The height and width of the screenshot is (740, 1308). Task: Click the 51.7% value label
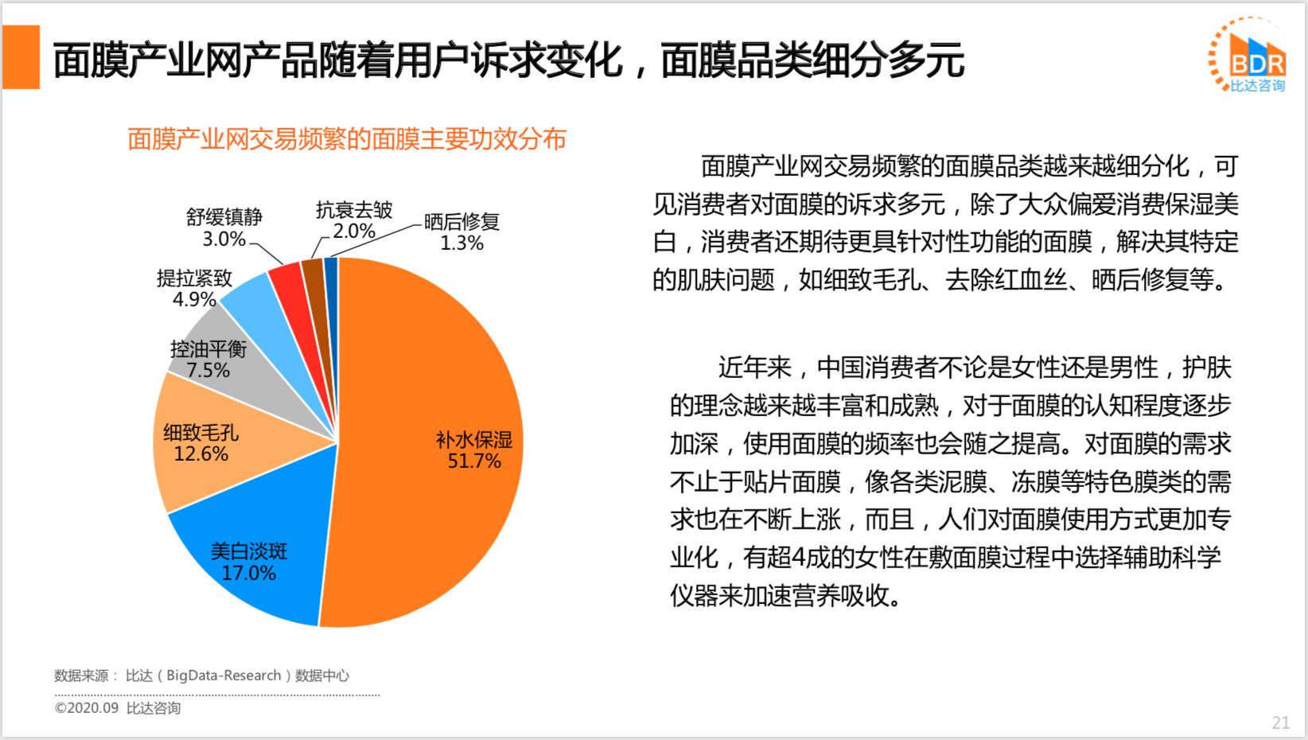[x=474, y=462]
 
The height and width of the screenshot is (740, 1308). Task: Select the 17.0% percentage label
[x=248, y=573]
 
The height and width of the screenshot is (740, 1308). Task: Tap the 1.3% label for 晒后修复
[x=461, y=243]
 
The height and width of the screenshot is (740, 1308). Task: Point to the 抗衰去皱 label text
[x=354, y=210]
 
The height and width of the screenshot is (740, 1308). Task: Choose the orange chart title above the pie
[x=347, y=139]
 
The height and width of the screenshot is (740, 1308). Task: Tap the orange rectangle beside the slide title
[x=21, y=57]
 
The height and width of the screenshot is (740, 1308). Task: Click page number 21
[x=1280, y=722]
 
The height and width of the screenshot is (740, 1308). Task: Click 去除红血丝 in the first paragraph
[x=1004, y=280]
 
